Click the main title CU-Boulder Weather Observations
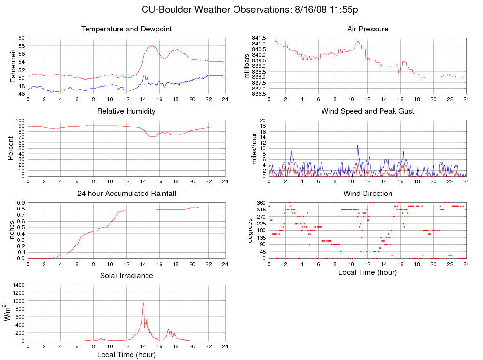tap(249, 10)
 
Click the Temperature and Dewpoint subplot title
tap(127, 29)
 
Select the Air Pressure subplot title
tap(367, 29)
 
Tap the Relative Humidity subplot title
tap(126, 111)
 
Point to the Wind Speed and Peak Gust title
tap(367, 111)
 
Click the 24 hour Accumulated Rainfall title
tap(127, 194)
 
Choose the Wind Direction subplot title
tap(367, 194)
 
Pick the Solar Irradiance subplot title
tap(127, 276)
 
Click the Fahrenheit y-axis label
tap(13, 66)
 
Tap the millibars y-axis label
tap(247, 66)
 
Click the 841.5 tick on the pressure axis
tap(259, 38)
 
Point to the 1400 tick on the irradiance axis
tap(18, 285)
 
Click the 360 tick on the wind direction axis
tap(261, 202)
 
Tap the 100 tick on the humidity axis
tap(19, 120)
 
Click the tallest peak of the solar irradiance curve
tap(143, 302)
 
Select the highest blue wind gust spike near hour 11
tap(358, 145)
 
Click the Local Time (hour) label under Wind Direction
tap(367, 272)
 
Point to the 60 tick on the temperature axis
tap(21, 38)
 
